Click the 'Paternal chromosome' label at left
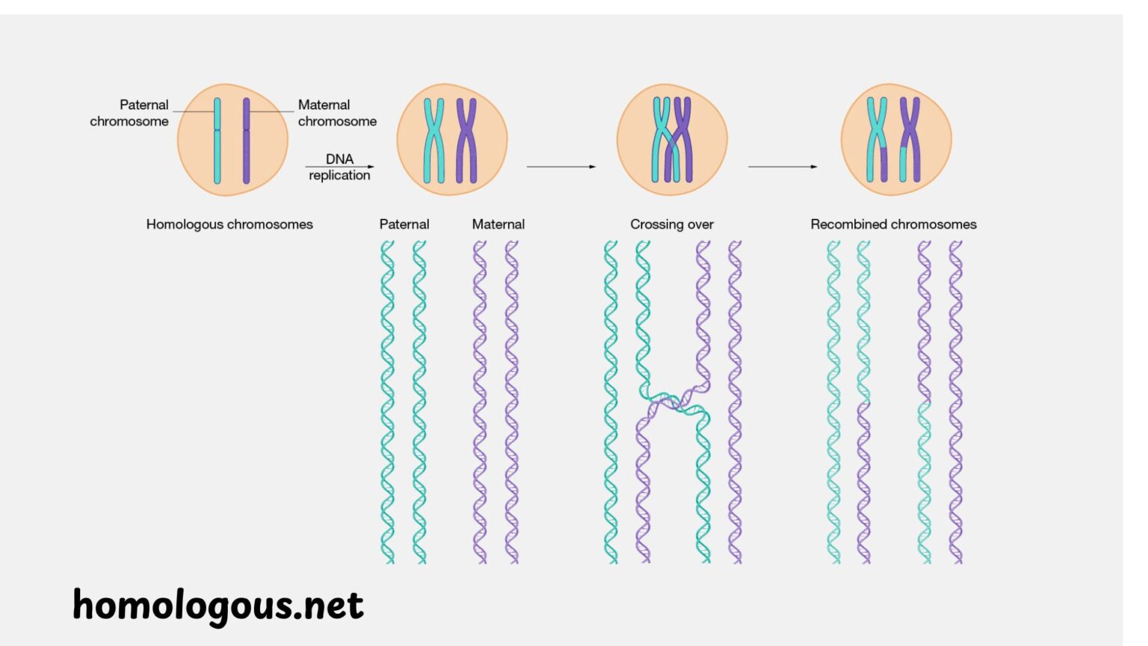129,113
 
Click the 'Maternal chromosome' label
337,113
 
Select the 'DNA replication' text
339,167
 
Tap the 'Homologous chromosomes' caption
229,224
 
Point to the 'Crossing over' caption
671,224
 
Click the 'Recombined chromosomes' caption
893,224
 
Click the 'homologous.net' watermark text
218,606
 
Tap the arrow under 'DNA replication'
339,167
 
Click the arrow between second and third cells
561,167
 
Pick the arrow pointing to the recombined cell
783,167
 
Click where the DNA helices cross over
673,402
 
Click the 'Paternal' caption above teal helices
404,224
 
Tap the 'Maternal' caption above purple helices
498,224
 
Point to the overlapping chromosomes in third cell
672,141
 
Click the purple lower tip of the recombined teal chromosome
883,166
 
